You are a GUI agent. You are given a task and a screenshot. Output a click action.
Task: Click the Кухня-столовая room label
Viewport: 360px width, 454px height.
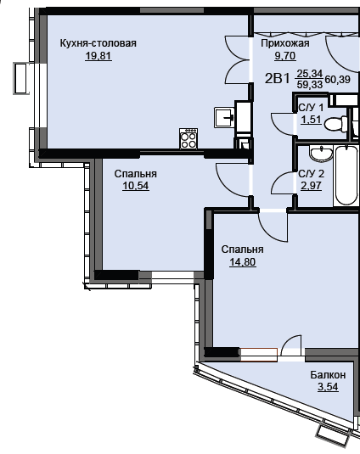tap(98, 43)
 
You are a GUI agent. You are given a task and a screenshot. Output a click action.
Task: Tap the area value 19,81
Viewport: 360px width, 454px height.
tap(98, 56)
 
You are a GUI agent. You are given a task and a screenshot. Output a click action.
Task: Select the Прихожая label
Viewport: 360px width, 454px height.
tap(285, 43)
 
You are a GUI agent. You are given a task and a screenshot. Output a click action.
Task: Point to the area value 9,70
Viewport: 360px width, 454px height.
tap(285, 55)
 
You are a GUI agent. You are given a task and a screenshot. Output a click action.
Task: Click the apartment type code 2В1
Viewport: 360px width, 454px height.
tap(277, 78)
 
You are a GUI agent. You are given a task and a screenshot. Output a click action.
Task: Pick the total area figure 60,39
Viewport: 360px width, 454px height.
tap(338, 79)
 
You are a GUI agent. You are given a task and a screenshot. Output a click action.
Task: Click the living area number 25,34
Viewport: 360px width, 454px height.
tap(310, 74)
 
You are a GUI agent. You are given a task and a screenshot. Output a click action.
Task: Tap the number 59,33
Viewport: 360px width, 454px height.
tap(310, 85)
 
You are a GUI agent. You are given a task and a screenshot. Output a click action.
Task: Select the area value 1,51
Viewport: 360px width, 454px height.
tap(311, 120)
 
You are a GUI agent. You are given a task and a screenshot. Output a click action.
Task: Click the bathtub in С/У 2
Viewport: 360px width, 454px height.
tap(346, 176)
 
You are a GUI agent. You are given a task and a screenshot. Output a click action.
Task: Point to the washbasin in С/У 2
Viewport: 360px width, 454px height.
tap(321, 153)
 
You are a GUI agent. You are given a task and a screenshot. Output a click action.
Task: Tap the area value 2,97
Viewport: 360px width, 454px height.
tap(311, 186)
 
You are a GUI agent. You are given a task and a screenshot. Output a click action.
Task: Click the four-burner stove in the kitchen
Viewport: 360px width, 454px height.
tap(188, 138)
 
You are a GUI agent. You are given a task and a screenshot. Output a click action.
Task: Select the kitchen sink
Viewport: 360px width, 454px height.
tap(224, 117)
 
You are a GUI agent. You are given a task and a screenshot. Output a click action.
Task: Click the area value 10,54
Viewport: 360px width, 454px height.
tap(136, 186)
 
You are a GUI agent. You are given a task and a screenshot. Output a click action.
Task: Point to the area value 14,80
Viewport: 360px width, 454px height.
tap(243, 261)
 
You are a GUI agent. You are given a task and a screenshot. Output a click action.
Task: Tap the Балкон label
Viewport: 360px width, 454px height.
tap(328, 375)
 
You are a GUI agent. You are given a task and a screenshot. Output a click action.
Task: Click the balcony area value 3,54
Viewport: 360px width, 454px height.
tap(328, 387)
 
